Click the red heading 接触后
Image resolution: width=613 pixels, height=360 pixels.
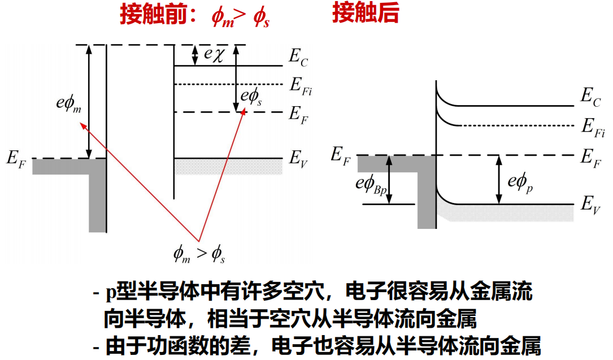click(x=366, y=14)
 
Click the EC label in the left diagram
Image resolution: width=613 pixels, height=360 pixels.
click(x=298, y=57)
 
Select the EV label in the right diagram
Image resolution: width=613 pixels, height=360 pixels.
click(x=591, y=205)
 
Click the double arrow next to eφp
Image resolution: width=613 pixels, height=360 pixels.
click(x=498, y=179)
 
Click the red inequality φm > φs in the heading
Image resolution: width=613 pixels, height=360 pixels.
click(x=241, y=18)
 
